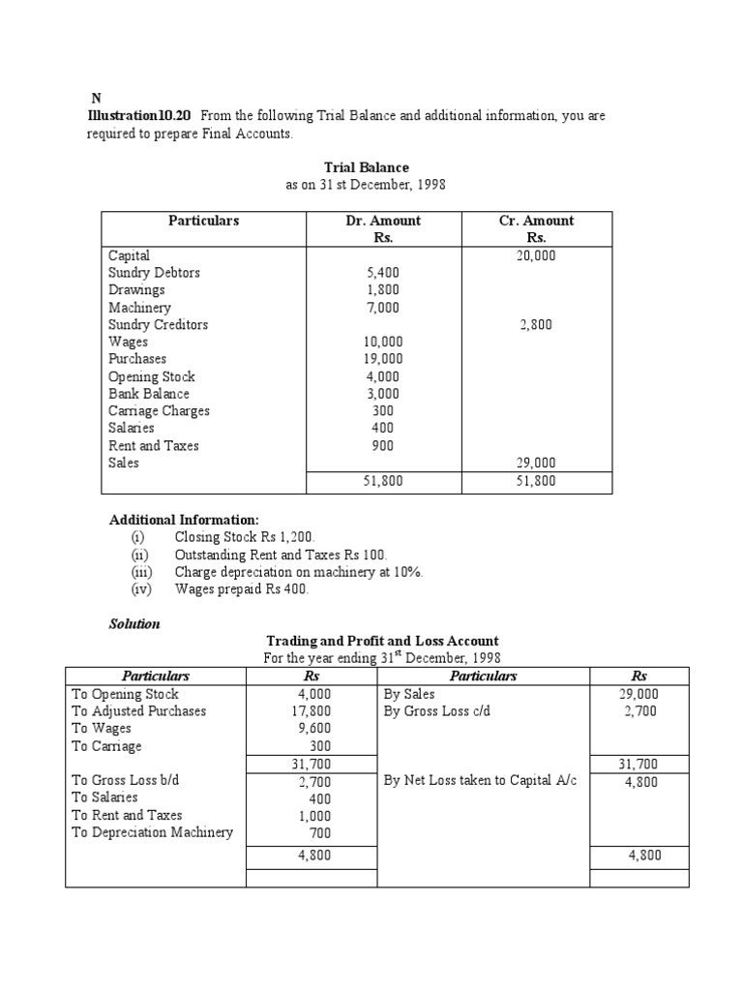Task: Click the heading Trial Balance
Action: pos(366,167)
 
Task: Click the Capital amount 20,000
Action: pos(536,255)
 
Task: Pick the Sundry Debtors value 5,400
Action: pos(383,273)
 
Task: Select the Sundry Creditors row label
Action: pos(158,325)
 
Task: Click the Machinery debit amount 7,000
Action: pos(383,308)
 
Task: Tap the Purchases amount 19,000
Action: pos(383,359)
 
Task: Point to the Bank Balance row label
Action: pos(149,394)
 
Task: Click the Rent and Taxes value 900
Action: pos(383,446)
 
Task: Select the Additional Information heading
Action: pos(184,520)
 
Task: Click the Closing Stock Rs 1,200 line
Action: pos(245,536)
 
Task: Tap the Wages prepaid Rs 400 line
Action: pos(241,589)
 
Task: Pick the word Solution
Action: pos(134,624)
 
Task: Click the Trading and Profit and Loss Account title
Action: pos(382,641)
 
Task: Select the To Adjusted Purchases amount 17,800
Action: pos(314,711)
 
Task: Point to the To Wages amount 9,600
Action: pos(314,729)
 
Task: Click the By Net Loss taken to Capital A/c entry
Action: pos(480,781)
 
